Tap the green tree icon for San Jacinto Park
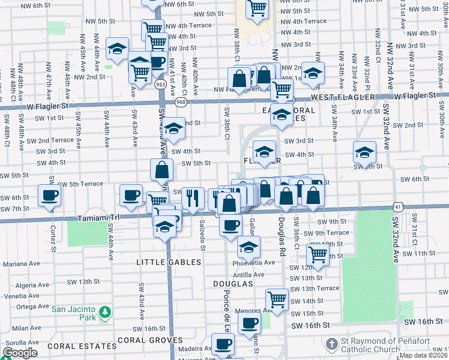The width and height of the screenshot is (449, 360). (106, 312)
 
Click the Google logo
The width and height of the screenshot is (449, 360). (20, 353)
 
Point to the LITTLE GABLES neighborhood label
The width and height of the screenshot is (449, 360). (162, 262)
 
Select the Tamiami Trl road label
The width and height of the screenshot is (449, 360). (101, 219)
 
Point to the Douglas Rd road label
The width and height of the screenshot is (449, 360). (282, 236)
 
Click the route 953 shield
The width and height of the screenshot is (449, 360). (160, 85)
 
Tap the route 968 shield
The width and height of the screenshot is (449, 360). (180, 103)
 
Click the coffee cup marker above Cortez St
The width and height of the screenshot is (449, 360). (50, 195)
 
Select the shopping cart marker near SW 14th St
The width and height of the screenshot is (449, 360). (277, 298)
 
